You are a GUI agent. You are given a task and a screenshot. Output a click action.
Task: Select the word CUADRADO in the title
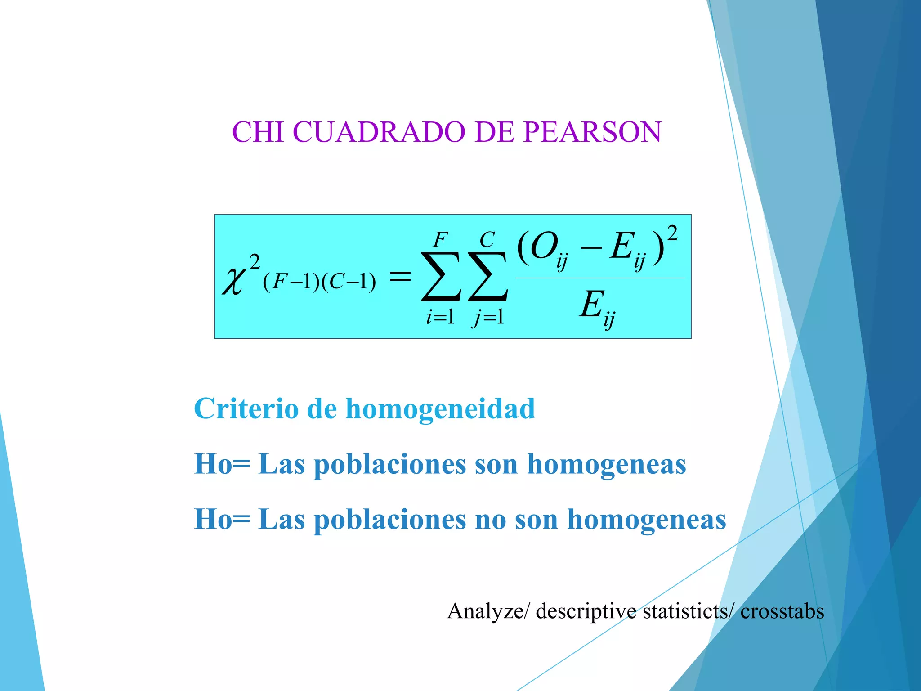pos(379,132)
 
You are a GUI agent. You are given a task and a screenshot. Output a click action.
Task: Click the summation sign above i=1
pos(441,276)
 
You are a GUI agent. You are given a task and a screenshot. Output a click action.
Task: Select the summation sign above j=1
pos(488,276)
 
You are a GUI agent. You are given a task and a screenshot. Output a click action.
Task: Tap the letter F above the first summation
pos(440,240)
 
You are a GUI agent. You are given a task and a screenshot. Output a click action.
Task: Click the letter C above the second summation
pos(487,240)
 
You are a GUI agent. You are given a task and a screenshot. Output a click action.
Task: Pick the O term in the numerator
pos(543,247)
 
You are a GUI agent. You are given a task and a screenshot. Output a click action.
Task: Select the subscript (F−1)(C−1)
pos(319,283)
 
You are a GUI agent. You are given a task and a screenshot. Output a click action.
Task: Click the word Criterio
pos(246,409)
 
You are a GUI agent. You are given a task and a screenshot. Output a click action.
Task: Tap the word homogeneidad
pos(440,409)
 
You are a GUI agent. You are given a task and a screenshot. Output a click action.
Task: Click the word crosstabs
pos(782,611)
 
